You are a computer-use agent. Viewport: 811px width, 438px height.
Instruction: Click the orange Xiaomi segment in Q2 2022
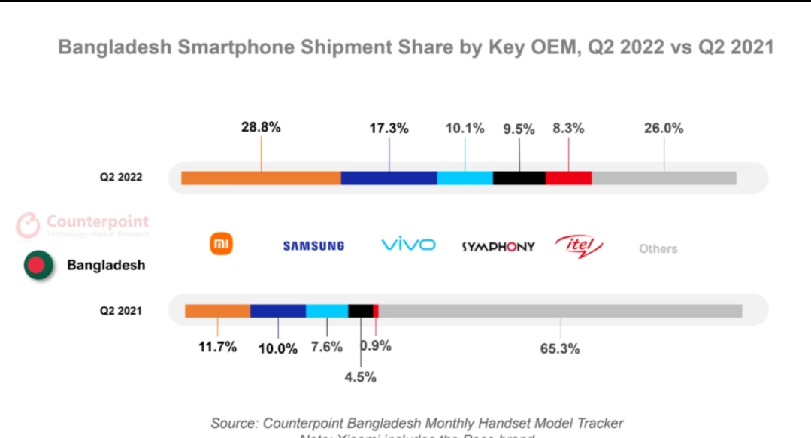(261, 178)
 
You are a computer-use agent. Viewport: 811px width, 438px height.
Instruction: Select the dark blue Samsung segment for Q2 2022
(389, 178)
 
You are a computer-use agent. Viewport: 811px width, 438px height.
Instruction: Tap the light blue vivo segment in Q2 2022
(465, 178)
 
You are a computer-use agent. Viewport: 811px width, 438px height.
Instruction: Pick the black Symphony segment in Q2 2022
(519, 178)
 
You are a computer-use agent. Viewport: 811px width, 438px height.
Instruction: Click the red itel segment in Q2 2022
(568, 178)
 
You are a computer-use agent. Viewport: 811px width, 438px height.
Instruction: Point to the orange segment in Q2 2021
(217, 311)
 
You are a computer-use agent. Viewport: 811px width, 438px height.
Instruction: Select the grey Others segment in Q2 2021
(560, 311)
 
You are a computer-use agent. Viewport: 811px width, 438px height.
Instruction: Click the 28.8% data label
(261, 128)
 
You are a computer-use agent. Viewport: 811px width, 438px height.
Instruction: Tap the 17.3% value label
(389, 129)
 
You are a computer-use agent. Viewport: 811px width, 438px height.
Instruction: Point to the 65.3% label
(560, 348)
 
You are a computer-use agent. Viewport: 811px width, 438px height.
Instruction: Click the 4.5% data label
(360, 377)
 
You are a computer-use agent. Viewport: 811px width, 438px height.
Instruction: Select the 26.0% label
(664, 129)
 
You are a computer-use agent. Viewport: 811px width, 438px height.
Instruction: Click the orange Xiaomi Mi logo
(221, 244)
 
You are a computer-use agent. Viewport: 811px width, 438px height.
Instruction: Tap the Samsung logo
(313, 246)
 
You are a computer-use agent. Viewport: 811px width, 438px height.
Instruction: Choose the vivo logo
(408, 245)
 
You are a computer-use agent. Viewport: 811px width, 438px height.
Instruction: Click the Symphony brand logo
(498, 246)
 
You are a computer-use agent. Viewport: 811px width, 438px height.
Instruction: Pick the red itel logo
(579, 245)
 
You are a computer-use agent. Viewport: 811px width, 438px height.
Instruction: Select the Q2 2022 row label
(121, 178)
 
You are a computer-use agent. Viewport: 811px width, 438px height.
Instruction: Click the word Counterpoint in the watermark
(98, 222)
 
